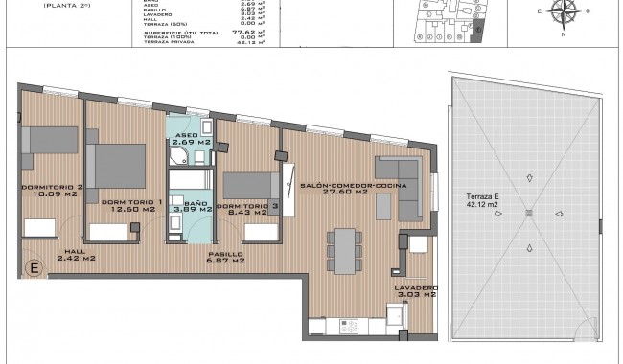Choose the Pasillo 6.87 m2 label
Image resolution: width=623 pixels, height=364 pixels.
(x=225, y=258)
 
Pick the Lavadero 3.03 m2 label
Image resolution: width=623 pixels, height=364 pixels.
(x=416, y=291)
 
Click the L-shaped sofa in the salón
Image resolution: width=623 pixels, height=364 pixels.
(x=403, y=187)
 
